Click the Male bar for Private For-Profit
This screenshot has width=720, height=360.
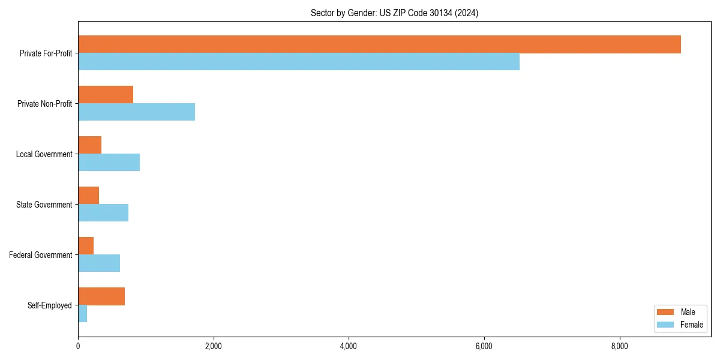379,44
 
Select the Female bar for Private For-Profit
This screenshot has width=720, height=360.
299,62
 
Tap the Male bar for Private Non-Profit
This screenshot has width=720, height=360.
106,95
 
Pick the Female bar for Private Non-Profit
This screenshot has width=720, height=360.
136,112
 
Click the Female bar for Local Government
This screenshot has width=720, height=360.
109,163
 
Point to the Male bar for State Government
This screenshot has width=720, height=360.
88,196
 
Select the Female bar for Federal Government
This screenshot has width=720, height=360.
99,263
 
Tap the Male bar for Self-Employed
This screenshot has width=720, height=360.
101,296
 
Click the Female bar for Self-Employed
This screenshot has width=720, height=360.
82,314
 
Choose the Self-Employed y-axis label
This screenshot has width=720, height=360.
49,305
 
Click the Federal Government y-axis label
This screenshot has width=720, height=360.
40,255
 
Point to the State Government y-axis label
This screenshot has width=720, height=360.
44,205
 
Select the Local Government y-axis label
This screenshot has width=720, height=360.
44,154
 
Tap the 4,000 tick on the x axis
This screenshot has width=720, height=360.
349,346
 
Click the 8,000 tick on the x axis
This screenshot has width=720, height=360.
619,346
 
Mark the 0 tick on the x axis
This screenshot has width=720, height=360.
78,346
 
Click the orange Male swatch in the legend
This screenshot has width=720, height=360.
666,312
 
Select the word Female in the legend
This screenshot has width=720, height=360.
692,325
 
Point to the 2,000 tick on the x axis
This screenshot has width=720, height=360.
213,346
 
